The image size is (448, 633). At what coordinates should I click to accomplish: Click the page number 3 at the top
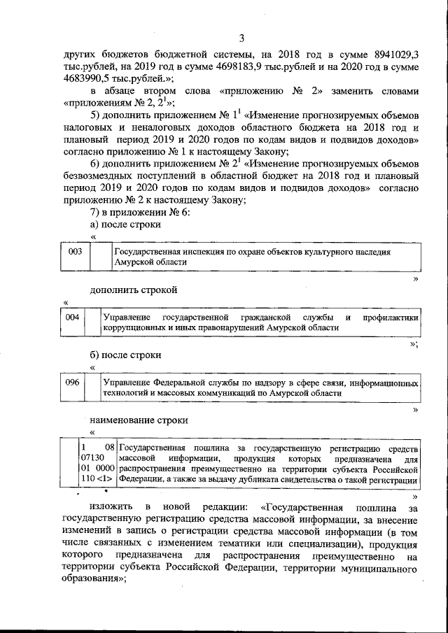241,38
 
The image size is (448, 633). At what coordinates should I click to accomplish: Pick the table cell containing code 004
71,318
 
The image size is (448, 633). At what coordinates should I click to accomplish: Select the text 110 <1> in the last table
95,480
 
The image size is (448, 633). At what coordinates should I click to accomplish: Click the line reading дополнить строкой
133,290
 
